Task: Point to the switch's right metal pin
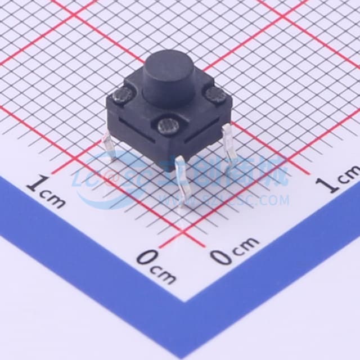[x=228, y=141]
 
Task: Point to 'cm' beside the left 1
[x=57, y=197]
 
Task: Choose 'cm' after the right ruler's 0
[x=246, y=245]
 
